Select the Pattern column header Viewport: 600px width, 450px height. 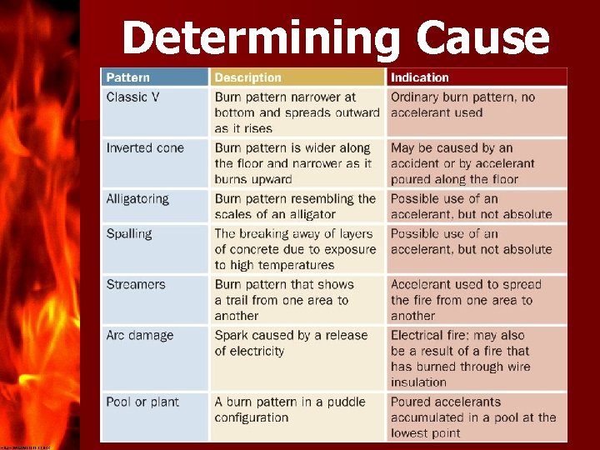click(x=128, y=77)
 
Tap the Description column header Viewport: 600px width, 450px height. click(x=248, y=77)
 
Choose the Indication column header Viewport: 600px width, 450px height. click(x=420, y=77)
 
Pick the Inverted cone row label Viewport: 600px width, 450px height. click(x=145, y=148)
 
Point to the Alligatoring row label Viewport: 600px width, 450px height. click(x=137, y=199)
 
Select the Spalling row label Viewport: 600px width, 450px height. click(x=129, y=234)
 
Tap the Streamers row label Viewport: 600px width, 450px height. click(x=137, y=285)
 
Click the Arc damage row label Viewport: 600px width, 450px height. click(x=140, y=336)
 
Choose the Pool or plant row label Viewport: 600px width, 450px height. click(x=142, y=402)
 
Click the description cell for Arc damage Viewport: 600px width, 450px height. click(x=291, y=343)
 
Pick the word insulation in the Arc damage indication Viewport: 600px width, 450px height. click(x=419, y=382)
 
